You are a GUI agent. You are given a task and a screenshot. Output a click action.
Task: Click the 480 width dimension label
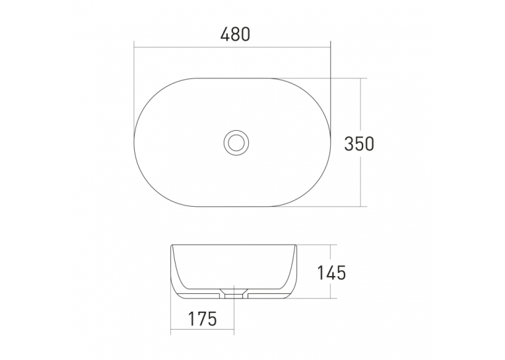[235, 34]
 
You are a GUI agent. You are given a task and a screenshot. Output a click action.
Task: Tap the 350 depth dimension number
[359, 144]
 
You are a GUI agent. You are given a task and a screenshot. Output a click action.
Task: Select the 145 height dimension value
[332, 273]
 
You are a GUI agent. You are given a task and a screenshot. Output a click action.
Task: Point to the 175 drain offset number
[202, 319]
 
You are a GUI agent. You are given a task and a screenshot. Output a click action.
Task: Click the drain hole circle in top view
[236, 130]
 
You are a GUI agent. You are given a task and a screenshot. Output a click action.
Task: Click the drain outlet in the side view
[234, 294]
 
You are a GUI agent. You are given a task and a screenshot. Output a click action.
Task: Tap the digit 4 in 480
[225, 34]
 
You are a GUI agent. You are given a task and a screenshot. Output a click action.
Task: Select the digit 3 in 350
[349, 144]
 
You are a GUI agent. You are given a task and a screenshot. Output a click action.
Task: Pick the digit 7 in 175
[202, 319]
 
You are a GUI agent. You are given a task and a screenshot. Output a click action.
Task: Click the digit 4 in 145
[331, 273]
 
